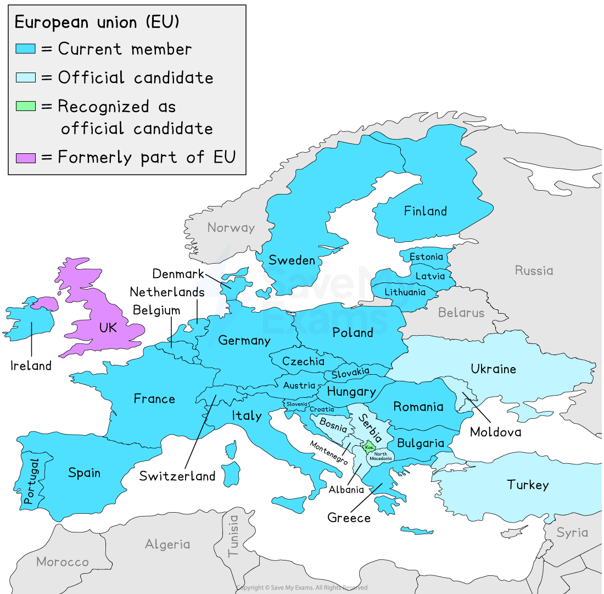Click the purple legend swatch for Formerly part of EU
coord(26,158)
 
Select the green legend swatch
coord(26,106)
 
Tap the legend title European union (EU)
coord(97,22)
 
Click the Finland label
coord(425,211)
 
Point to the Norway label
coord(231,227)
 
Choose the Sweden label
coord(292,260)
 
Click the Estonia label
coord(426,257)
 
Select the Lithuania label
coord(405,292)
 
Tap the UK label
coord(108,327)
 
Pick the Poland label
coord(353,332)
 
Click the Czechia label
coord(303,362)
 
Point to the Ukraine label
coord(493,369)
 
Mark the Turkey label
coord(527,485)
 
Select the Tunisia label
coord(234,536)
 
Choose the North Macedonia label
coord(380,456)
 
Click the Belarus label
coord(461,313)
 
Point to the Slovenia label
coord(297,404)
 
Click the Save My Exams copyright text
coord(302,588)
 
